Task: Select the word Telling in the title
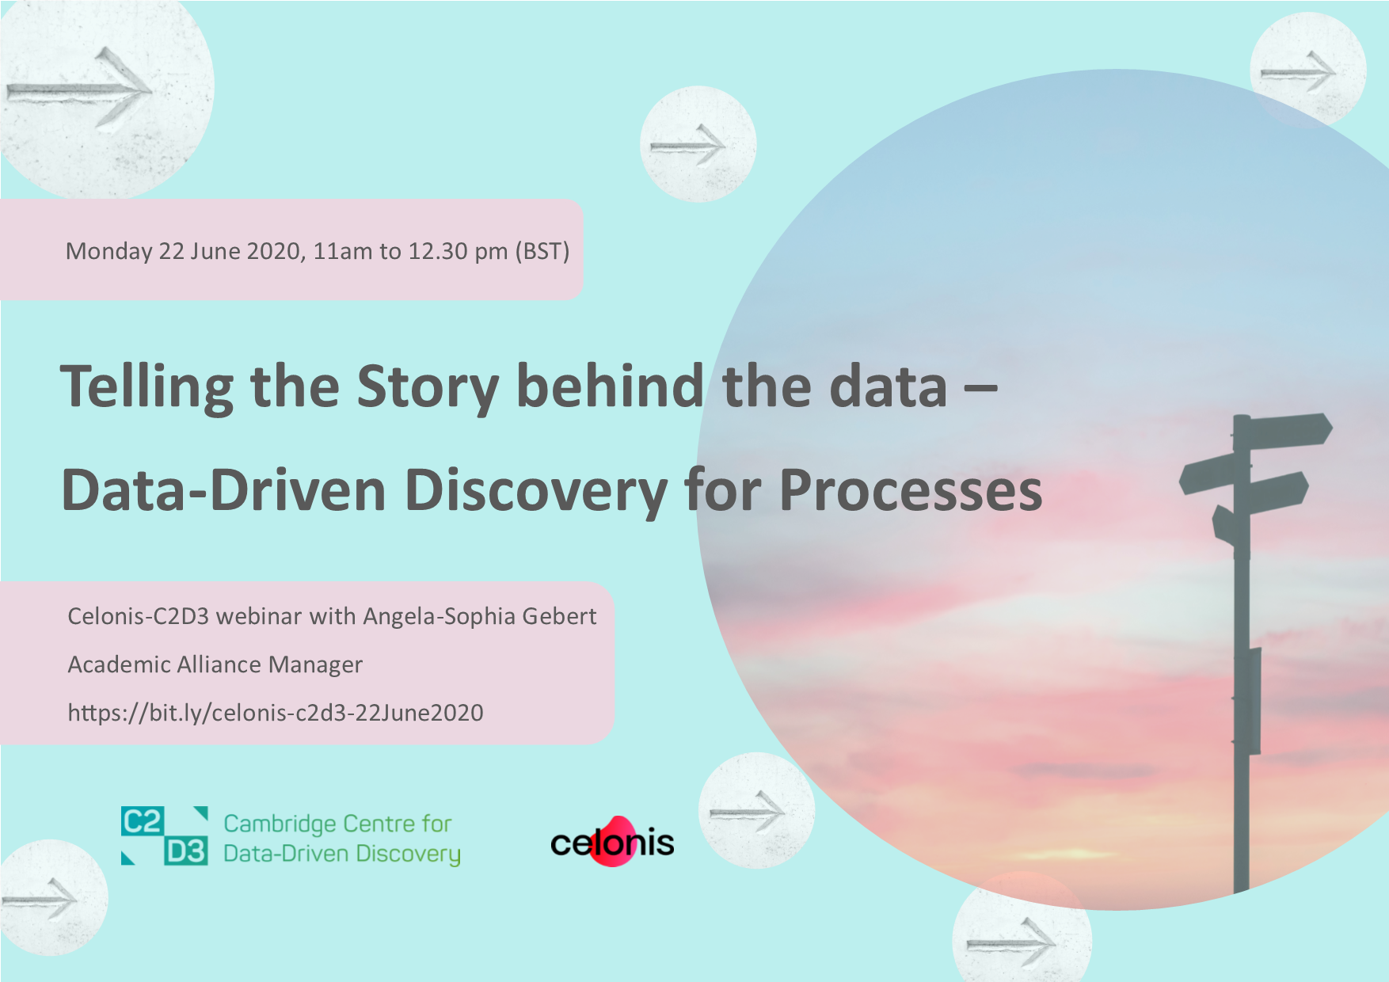pos(147,388)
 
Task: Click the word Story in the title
pos(427,388)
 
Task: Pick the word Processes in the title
pos(911,491)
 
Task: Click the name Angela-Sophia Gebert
pos(479,616)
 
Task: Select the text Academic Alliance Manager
pos(215,664)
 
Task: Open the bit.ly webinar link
pos(276,713)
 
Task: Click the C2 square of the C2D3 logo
pos(143,821)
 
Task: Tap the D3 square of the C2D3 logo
pos(186,851)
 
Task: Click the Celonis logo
pos(612,841)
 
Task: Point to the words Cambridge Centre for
pos(337,824)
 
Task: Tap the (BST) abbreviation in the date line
pos(542,252)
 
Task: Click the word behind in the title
pos(610,386)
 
